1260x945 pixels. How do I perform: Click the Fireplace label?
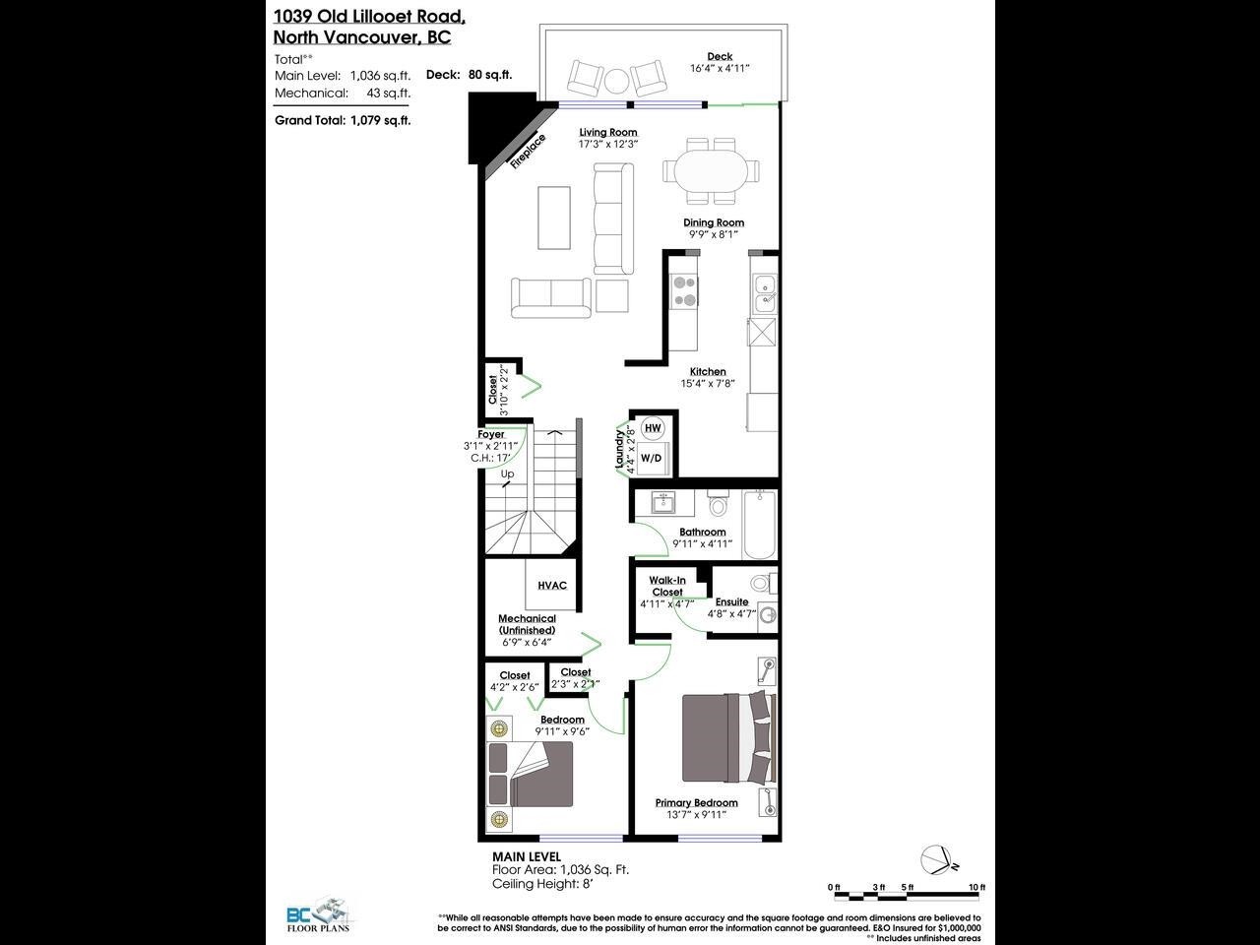tap(528, 152)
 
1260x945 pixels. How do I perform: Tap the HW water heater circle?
tap(652, 428)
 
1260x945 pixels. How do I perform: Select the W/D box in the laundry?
tap(651, 458)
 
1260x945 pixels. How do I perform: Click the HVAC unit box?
tap(552, 585)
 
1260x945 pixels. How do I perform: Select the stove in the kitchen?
tap(683, 291)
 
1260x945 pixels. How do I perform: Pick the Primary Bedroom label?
tap(696, 802)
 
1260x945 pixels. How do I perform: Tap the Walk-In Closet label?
tap(666, 587)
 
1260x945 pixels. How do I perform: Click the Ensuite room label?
tap(731, 601)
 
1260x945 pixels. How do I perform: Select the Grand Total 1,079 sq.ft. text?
tap(342, 120)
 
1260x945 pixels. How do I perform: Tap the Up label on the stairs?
tap(508, 474)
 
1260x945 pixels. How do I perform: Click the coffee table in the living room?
tap(554, 218)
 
